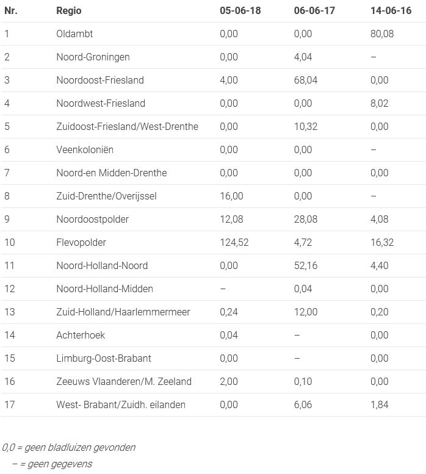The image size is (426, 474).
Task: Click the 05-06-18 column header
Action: click(240, 10)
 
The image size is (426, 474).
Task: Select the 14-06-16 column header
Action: click(391, 10)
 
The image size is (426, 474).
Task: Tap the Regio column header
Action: click(68, 10)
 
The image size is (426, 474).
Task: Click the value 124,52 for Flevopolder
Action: click(234, 242)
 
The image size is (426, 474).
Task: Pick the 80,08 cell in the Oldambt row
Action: click(381, 34)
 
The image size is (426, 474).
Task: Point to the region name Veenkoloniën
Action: click(85, 149)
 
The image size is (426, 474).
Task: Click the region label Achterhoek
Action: click(81, 335)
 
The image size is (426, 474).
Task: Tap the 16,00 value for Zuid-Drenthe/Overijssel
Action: click(231, 196)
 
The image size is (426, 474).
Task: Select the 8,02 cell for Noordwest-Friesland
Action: click(379, 103)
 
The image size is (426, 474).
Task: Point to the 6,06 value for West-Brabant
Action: click(303, 404)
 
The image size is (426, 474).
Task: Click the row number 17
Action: click(10, 404)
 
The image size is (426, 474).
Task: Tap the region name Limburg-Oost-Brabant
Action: click(104, 358)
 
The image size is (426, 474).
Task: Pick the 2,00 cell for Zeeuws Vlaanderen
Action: click(229, 381)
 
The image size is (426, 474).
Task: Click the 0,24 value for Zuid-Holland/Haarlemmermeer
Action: click(229, 312)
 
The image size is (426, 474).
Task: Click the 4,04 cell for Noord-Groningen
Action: click(303, 57)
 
